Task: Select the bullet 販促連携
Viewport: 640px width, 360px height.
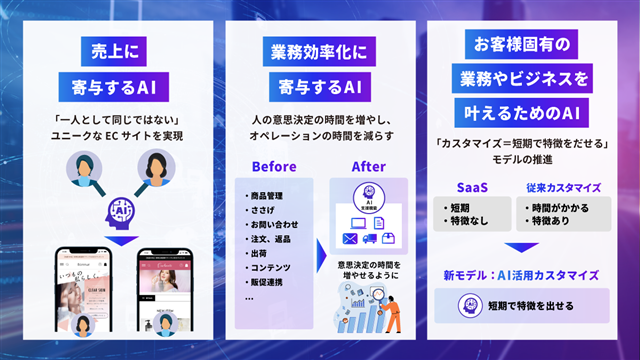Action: (x=268, y=282)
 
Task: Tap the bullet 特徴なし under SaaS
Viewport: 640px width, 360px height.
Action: (x=471, y=219)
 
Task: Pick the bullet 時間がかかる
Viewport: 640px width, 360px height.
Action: (x=565, y=205)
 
